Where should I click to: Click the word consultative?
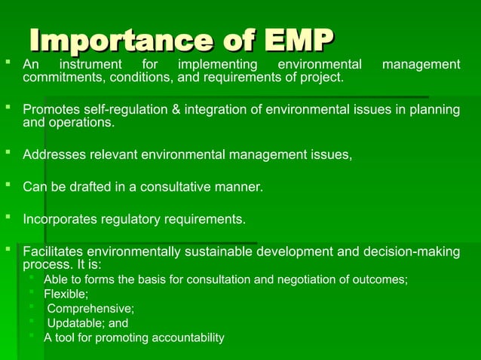pos(177,188)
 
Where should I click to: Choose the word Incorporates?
pos(61,220)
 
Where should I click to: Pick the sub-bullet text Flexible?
pos(66,294)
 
